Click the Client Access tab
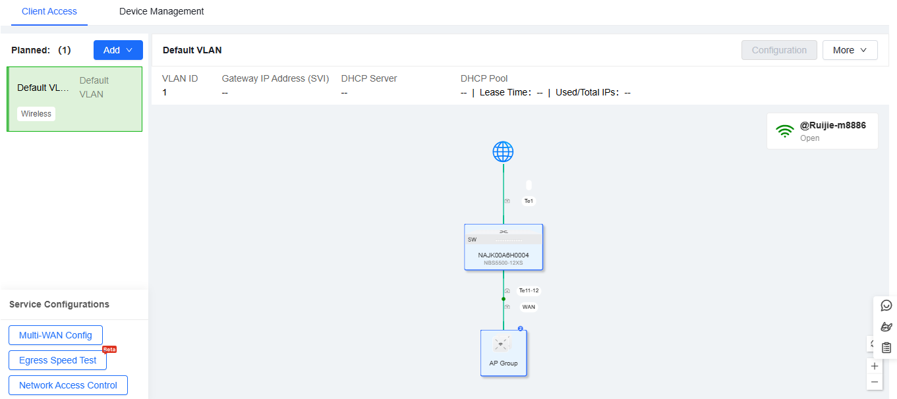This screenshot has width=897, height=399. tap(49, 11)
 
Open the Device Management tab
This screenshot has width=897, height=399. tap(161, 11)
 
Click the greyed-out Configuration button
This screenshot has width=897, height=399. tap(779, 50)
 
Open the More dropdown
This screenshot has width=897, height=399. tap(850, 50)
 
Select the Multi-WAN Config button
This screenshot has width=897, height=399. tap(55, 335)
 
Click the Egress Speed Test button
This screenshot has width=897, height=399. tap(58, 360)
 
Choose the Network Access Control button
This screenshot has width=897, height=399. tap(68, 385)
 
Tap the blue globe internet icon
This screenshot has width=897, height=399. tap(503, 152)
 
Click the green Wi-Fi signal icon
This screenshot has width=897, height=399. tap(784, 130)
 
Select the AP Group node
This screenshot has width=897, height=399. tap(504, 353)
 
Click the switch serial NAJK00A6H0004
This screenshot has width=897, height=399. tap(504, 255)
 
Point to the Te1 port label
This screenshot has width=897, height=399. tap(529, 201)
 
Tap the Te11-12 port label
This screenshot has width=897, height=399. tap(529, 290)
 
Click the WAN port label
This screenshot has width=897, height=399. tap(529, 307)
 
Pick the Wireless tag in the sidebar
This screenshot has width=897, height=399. tap(36, 114)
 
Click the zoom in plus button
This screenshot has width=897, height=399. tap(875, 366)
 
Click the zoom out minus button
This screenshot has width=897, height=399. tap(875, 382)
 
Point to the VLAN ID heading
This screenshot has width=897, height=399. tap(180, 78)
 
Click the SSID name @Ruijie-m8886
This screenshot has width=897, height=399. tap(832, 125)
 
